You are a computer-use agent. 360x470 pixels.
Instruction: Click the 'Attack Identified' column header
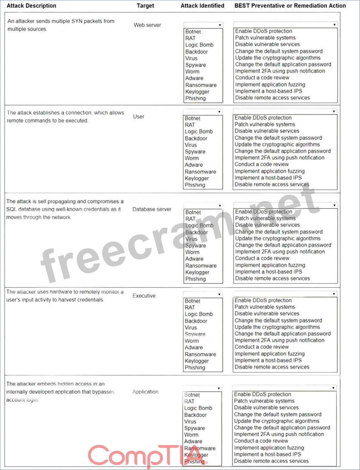202,6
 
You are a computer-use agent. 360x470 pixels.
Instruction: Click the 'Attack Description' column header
31,6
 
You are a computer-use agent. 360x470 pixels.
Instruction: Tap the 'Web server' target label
147,25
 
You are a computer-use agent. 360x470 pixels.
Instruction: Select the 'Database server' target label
152,209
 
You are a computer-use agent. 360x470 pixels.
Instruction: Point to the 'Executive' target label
144,296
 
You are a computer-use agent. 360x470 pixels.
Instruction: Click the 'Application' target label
145,392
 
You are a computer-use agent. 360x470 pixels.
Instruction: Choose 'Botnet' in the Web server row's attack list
193,32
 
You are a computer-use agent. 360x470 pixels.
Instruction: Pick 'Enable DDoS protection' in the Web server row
263,31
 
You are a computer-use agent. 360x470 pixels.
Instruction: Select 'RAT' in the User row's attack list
190,125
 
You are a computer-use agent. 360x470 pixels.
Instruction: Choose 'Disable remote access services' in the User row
272,184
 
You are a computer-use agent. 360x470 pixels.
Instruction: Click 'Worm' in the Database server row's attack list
192,252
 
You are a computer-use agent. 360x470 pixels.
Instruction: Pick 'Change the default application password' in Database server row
283,245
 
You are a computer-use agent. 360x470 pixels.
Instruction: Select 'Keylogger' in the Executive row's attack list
197,361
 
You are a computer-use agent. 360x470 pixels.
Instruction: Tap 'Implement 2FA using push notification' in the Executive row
280,340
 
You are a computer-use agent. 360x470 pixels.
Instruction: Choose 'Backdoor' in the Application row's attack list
196,415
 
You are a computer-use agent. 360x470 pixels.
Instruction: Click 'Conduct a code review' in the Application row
261,441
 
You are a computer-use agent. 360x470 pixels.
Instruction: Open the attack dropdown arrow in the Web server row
220,25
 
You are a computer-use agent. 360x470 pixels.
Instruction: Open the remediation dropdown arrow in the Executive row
334,294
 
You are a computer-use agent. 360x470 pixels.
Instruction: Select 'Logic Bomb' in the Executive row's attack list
199,314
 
